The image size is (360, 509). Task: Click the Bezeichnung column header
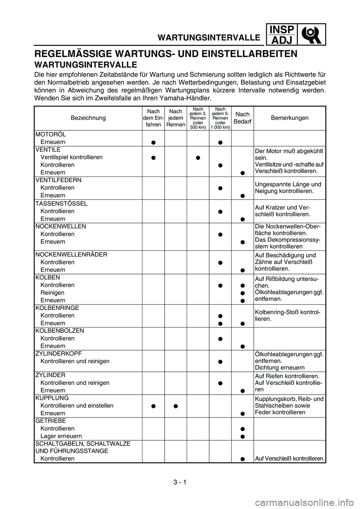88,118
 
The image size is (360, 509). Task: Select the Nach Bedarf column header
243,118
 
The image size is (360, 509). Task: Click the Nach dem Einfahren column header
153,118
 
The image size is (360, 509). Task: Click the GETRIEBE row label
50,421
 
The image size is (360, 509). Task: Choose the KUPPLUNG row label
52,398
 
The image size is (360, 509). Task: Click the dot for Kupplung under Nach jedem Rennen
176,406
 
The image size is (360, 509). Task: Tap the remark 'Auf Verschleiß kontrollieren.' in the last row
289,458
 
